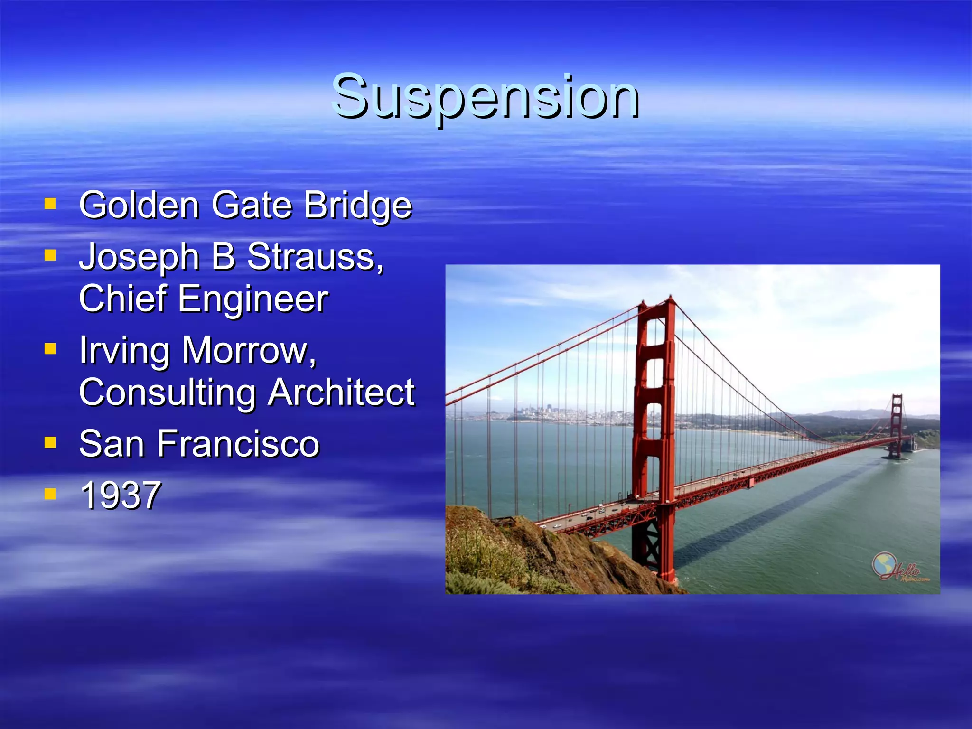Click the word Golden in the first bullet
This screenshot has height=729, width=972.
(139, 205)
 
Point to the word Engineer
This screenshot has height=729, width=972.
(252, 299)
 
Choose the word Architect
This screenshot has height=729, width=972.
(341, 393)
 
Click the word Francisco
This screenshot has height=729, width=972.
(238, 444)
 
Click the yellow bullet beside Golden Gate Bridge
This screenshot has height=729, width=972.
(50, 205)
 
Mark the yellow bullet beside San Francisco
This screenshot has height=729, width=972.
(50, 443)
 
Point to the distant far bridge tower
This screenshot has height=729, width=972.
(896, 422)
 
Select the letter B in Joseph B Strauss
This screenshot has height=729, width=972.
(223, 257)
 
